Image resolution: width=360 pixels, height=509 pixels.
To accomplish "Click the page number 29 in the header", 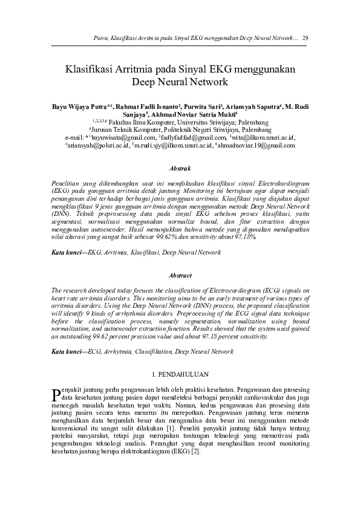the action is pyautogui.click(x=306, y=38).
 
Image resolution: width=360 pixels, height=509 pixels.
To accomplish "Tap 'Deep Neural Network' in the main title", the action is pyautogui.click(x=180, y=81).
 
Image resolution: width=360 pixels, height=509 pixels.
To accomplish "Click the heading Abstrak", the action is pyautogui.click(x=180, y=167).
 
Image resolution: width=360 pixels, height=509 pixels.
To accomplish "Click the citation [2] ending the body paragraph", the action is pyautogui.click(x=195, y=451).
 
